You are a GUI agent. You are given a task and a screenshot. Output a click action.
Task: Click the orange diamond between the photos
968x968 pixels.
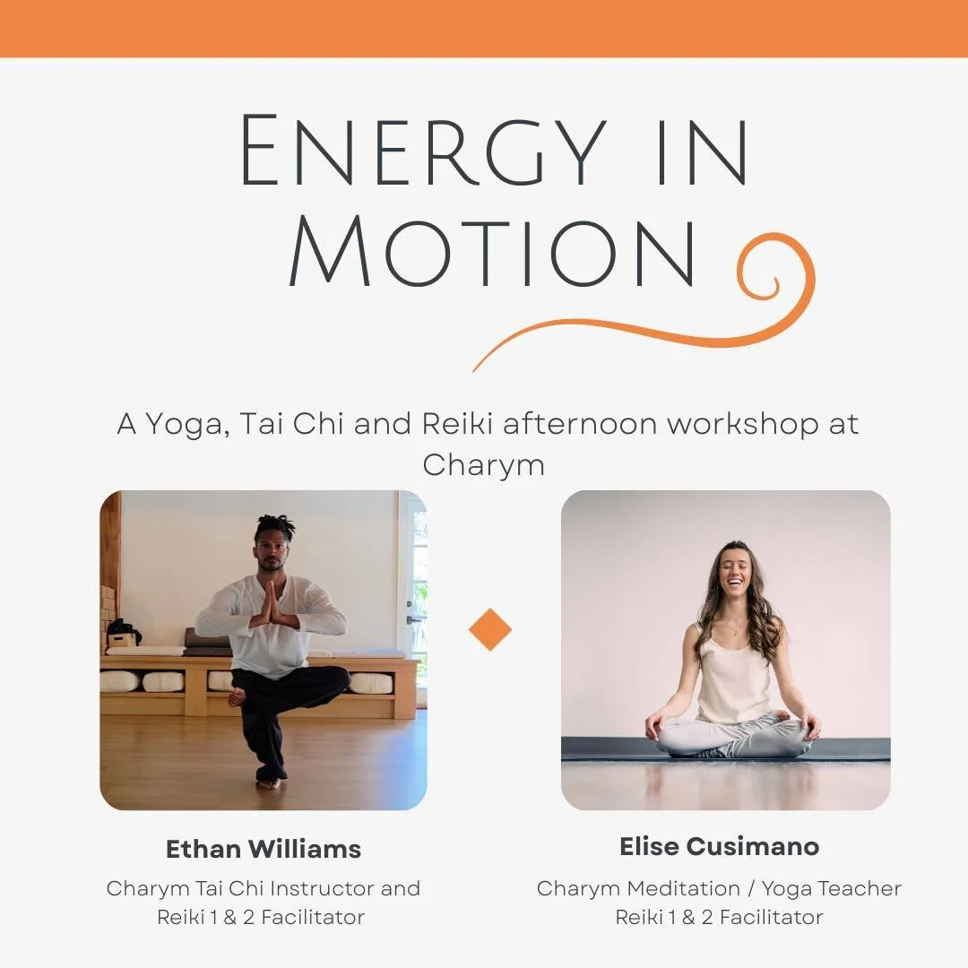(490, 630)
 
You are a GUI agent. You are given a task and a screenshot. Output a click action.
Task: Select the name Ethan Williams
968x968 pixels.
(264, 849)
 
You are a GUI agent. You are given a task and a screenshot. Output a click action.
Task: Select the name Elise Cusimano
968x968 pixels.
(719, 846)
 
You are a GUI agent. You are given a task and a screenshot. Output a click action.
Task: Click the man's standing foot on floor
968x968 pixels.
(269, 782)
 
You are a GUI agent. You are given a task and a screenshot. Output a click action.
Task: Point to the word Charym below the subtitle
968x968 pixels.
(483, 464)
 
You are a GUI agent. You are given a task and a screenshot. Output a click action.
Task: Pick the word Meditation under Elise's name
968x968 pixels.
(683, 889)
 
